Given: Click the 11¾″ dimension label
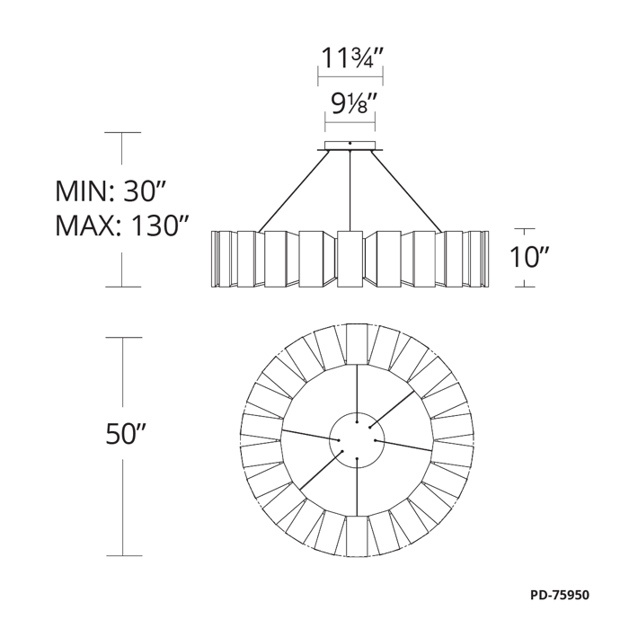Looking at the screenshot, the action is click(350, 58).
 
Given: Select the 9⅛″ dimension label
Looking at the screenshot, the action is click(350, 104).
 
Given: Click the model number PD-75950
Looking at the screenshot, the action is click(560, 595).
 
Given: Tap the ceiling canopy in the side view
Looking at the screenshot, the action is click(350, 146).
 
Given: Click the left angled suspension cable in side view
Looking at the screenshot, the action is click(294, 191).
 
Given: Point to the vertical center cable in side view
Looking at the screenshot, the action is click(350, 191).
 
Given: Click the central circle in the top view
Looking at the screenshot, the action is click(357, 439).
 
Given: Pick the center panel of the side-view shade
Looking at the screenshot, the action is click(350, 259).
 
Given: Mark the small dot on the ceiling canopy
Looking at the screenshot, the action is click(350, 143).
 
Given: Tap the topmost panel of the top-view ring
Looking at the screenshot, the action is click(357, 344).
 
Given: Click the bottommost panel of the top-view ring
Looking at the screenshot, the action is click(357, 535).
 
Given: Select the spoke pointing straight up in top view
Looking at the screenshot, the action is click(357, 394).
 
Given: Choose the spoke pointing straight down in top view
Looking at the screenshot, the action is click(357, 486).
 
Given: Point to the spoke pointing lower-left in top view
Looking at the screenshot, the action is click(322, 471).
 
